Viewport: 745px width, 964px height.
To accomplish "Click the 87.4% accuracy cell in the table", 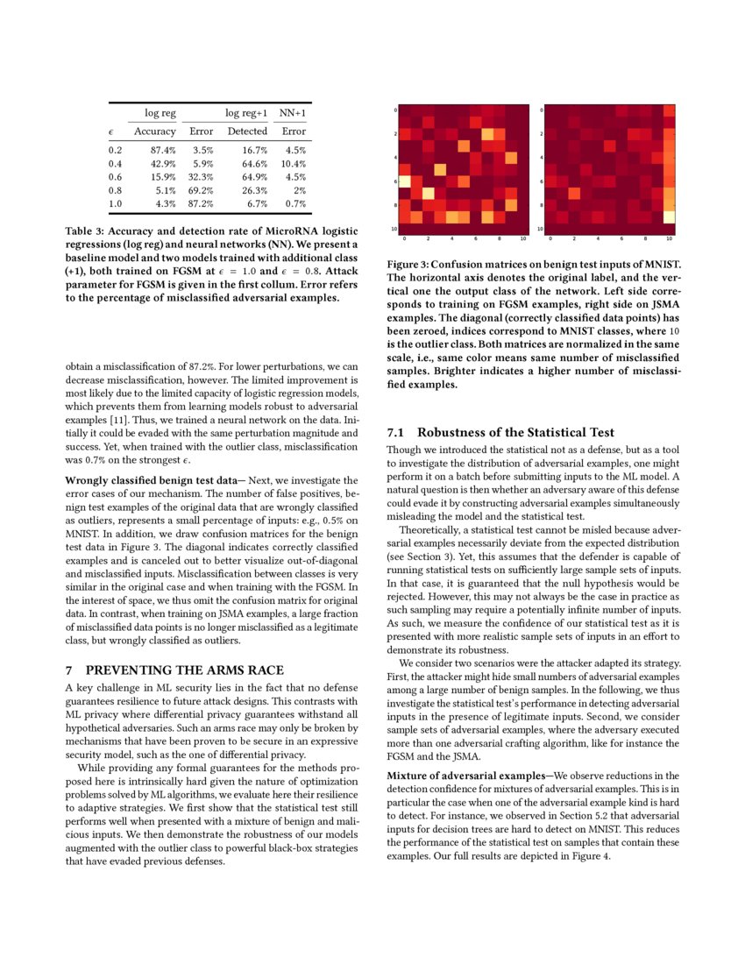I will click(x=162, y=151).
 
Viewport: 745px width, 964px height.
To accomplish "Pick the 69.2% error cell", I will click(x=201, y=190).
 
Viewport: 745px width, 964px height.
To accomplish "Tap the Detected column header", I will click(x=248, y=131).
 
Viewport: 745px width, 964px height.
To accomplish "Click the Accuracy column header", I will click(x=155, y=131).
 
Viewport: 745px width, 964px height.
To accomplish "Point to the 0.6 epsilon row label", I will click(x=115, y=177).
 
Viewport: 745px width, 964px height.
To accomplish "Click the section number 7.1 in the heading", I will click(x=396, y=432).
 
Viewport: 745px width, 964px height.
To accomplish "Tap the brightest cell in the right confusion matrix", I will click(x=670, y=216).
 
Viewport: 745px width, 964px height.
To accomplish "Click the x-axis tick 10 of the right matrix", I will click(x=670, y=237).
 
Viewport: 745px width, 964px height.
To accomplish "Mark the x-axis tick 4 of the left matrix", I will click(x=452, y=237).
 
